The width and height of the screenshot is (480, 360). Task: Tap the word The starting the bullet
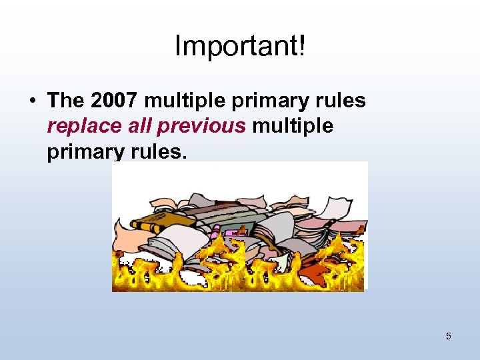[66, 101]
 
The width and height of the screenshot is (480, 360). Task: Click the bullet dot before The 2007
[32, 101]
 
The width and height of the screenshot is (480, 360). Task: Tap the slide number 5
[448, 336]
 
